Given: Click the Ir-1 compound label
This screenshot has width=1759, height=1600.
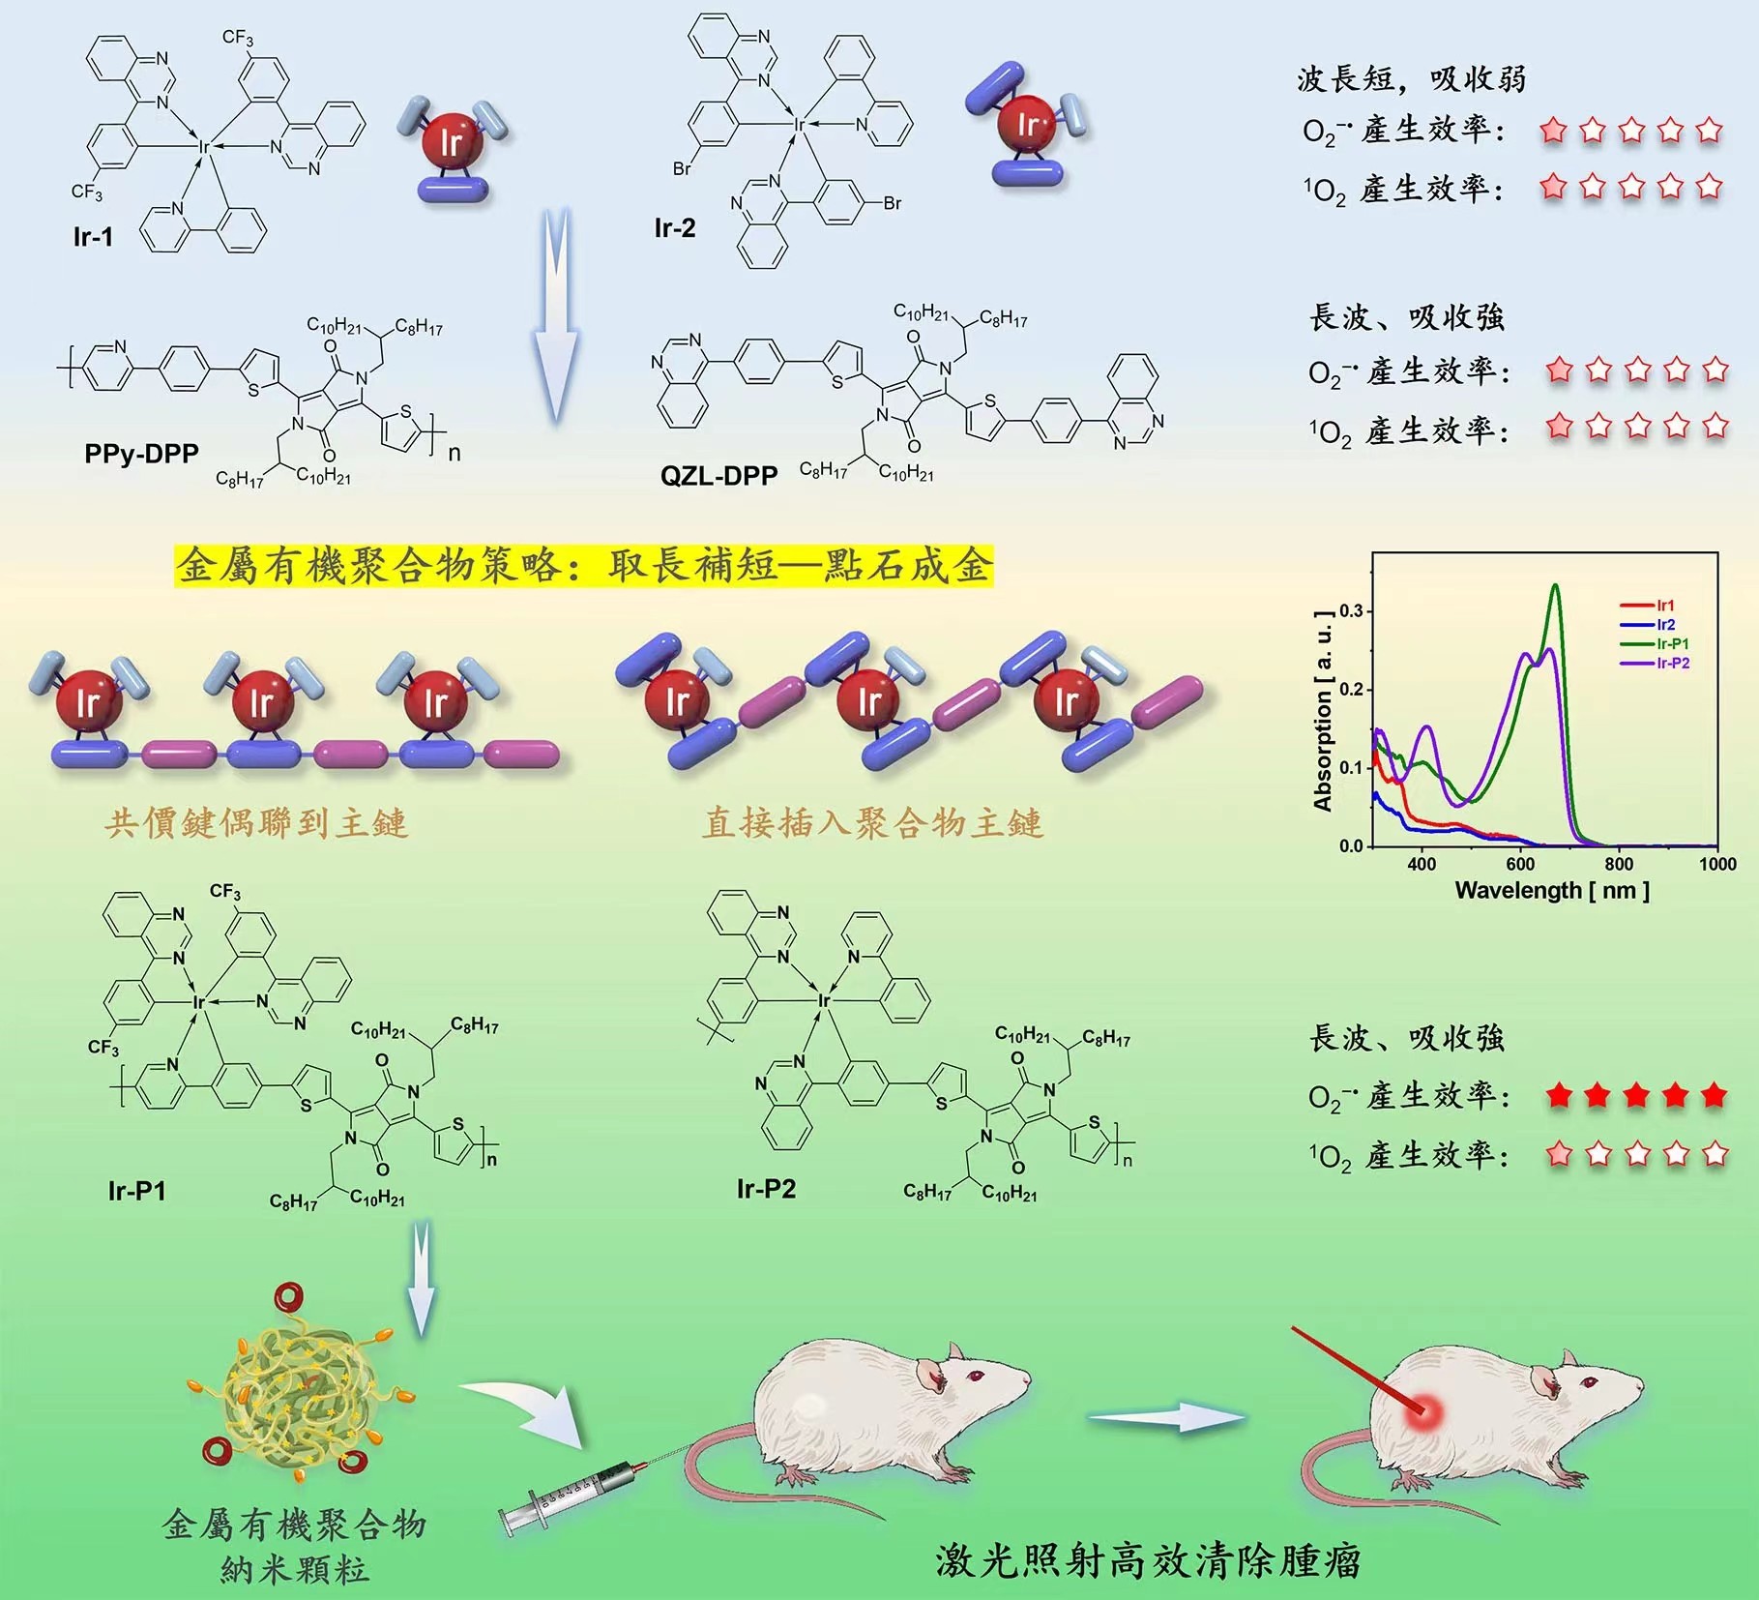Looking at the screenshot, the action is [93, 237].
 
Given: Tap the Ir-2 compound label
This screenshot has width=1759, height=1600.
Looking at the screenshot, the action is [675, 228].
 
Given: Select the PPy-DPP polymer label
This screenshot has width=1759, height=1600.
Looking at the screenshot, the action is [141, 454].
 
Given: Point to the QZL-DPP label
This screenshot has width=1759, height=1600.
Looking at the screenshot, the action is [718, 476].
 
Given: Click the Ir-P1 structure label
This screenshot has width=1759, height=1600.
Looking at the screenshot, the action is [137, 1191].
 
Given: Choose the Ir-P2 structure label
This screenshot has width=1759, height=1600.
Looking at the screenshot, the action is [766, 1189].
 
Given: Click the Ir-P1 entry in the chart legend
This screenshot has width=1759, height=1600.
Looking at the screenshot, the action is [1655, 644].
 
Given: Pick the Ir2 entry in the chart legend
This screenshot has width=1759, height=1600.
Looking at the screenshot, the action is [1648, 625].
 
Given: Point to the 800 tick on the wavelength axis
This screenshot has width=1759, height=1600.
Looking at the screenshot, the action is [1619, 864].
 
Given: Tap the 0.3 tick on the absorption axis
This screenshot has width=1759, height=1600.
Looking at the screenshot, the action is [1351, 611].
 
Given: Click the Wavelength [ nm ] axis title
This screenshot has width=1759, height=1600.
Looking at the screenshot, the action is [1552, 890].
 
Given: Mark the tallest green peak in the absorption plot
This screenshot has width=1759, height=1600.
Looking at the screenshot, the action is [1555, 585].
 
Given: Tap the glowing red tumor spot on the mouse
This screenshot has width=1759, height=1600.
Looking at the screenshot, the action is [1424, 1413].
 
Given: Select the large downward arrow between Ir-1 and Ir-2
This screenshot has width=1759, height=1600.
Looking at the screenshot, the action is [556, 314].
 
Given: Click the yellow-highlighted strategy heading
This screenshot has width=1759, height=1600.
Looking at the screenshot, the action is [584, 566].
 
